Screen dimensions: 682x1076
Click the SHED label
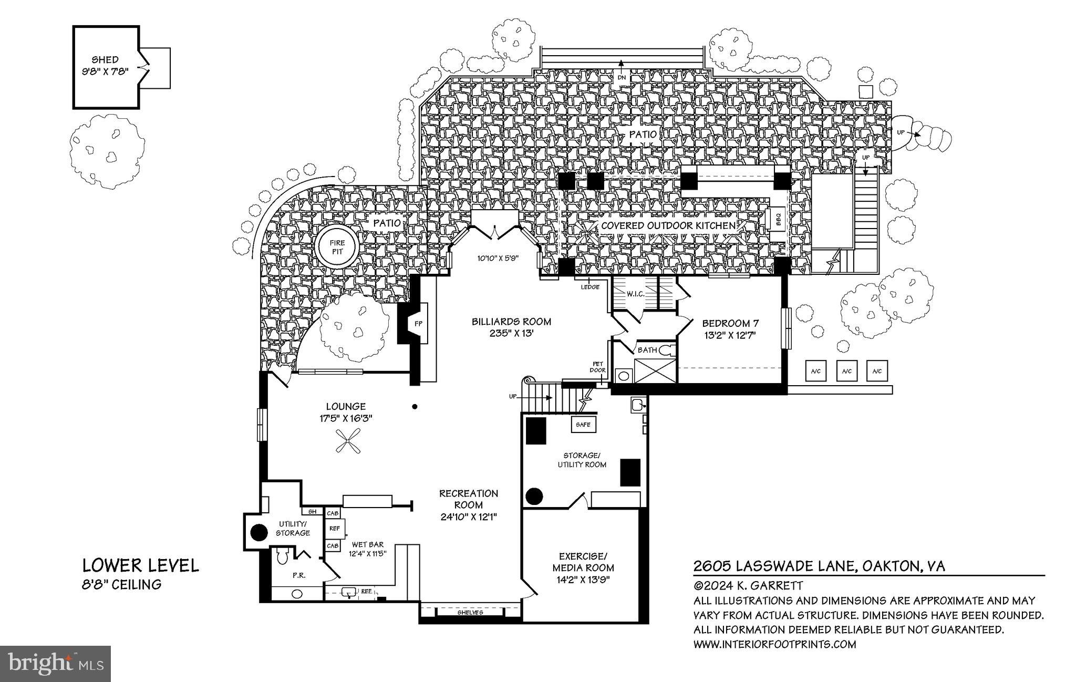[x=105, y=60]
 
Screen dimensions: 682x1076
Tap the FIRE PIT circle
[x=337, y=247]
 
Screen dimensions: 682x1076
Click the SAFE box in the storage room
[x=583, y=425]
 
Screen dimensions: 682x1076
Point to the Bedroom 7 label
[x=730, y=323]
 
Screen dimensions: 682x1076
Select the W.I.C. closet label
[x=635, y=294]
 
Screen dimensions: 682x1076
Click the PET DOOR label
[x=598, y=367]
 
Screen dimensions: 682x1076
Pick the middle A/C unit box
[x=846, y=371]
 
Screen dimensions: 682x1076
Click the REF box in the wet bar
[x=334, y=529]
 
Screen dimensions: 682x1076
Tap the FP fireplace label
[x=418, y=324]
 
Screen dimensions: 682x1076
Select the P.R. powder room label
[x=299, y=575]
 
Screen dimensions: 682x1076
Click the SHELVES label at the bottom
[x=470, y=613]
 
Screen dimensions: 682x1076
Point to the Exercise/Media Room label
[x=583, y=562]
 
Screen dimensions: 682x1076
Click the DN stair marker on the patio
[x=622, y=77]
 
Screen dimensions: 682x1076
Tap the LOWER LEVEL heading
[x=141, y=565]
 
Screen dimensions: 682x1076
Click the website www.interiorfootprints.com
[x=774, y=644]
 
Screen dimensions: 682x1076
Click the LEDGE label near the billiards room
[x=590, y=287]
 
